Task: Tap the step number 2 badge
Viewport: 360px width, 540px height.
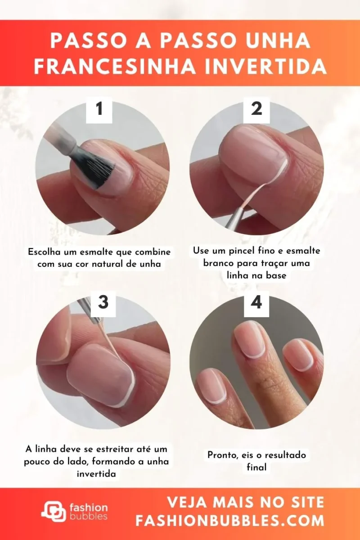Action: [256, 109]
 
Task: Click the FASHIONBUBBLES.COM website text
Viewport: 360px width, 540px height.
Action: [230, 521]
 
